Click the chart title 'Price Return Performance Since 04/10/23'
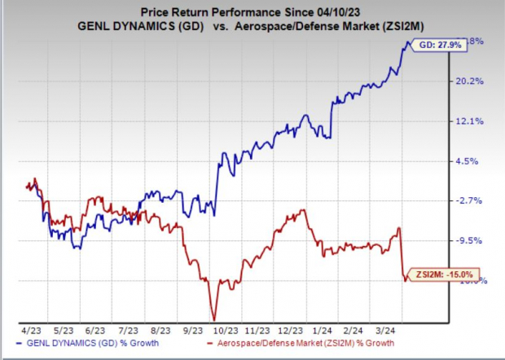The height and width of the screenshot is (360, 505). coord(253,11)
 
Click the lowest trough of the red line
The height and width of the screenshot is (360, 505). coord(213,318)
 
